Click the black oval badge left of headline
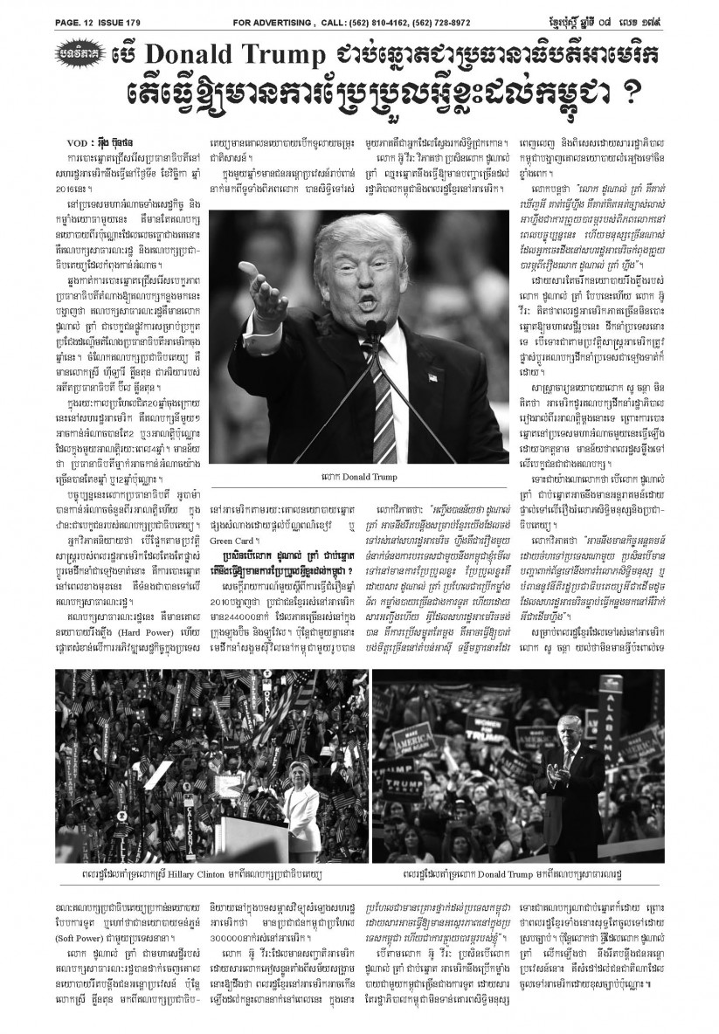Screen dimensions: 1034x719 (80, 55)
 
